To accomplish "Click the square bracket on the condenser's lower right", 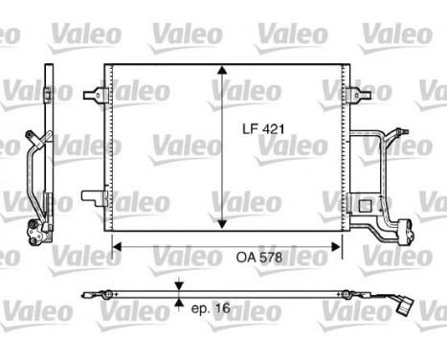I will tap(364, 204).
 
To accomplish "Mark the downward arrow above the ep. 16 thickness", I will tap(178, 286).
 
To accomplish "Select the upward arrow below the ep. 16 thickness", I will tap(178, 304).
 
